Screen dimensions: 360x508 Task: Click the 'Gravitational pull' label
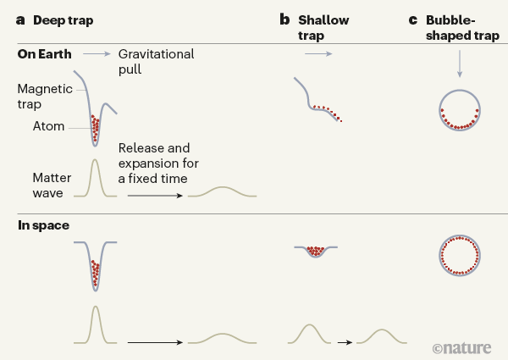click(157, 61)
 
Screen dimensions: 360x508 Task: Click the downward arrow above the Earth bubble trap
click(459, 64)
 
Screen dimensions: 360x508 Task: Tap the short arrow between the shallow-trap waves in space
click(344, 342)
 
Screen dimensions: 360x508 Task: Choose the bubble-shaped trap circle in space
click(460, 255)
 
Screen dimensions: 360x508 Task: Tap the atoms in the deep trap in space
click(95, 270)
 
